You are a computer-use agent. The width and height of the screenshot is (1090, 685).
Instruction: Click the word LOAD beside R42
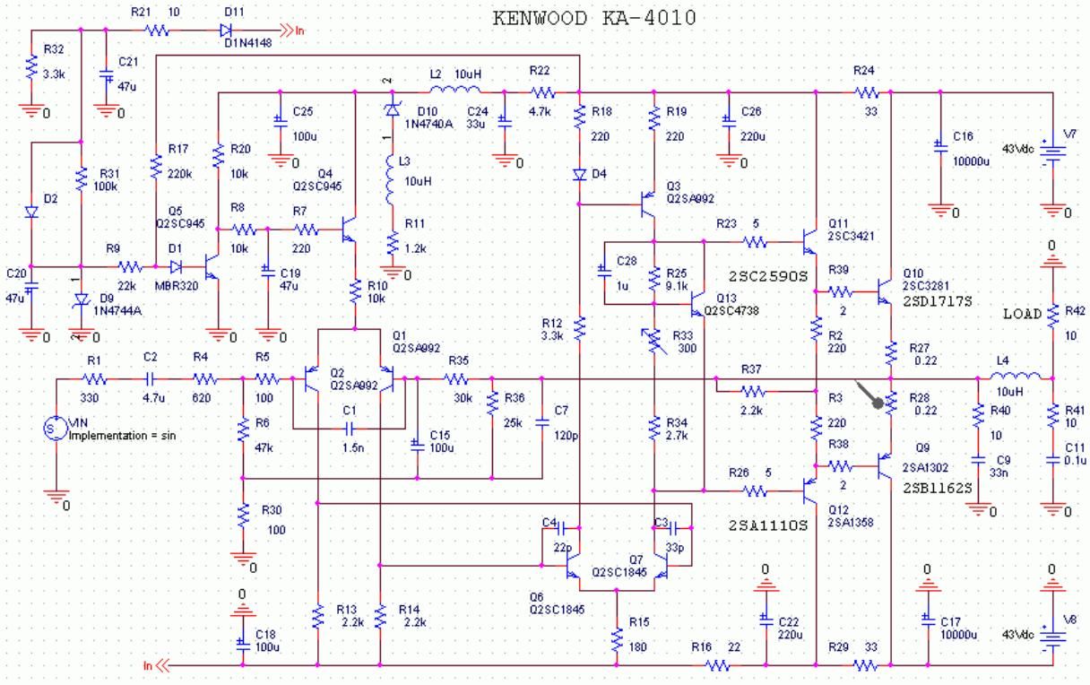coord(1023,314)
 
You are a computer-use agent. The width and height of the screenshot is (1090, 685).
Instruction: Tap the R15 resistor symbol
coord(617,639)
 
